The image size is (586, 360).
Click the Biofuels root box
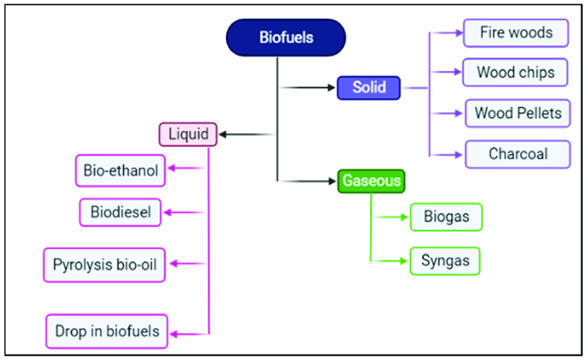[x=285, y=37]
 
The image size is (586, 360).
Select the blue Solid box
[x=368, y=88]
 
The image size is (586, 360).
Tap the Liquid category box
[x=188, y=134]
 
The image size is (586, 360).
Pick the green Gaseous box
[x=370, y=181]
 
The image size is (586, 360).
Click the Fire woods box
[x=516, y=32]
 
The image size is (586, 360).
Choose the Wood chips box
[x=516, y=72]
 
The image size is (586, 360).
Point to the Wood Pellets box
[x=518, y=113]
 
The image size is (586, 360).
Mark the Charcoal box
[x=518, y=154]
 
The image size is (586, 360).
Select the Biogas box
[x=446, y=217]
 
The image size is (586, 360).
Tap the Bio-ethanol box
[x=121, y=170]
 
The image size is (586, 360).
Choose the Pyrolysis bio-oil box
[x=105, y=265]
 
